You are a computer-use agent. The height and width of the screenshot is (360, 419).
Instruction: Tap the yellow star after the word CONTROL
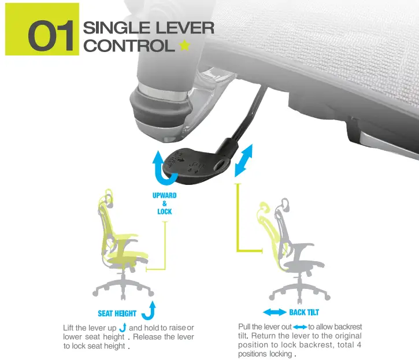pyautogui.click(x=184, y=45)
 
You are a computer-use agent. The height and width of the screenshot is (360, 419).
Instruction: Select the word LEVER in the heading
pyautogui.click(x=186, y=28)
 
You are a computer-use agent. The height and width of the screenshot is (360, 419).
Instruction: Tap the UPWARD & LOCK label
pyautogui.click(x=164, y=203)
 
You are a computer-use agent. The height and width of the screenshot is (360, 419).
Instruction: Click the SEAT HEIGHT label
pyautogui.click(x=117, y=313)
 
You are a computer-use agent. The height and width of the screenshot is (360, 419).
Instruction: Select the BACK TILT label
pyautogui.click(x=304, y=313)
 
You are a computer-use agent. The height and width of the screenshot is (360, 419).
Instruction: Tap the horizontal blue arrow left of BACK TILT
pyautogui.click(x=274, y=313)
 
